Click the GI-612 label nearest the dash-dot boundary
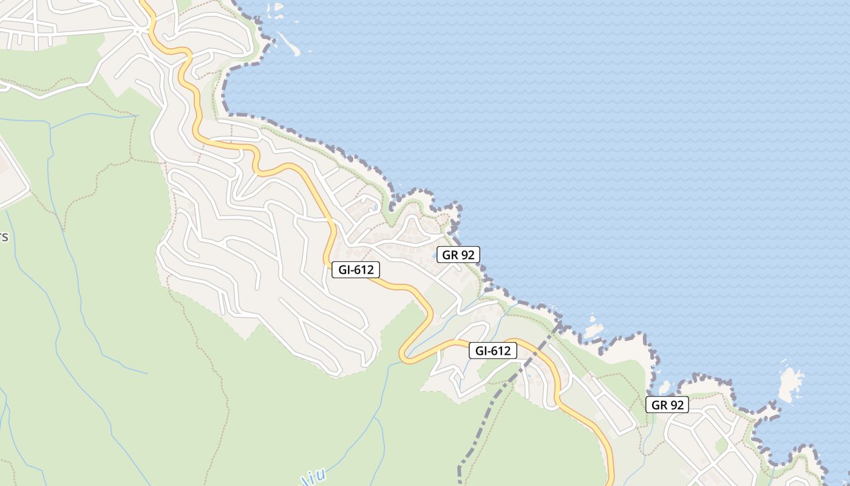coord(492,351)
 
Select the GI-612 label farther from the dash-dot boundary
coord(356,270)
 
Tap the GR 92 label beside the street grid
coord(667,405)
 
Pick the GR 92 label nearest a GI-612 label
coord(458,255)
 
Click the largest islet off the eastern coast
coord(790,384)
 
